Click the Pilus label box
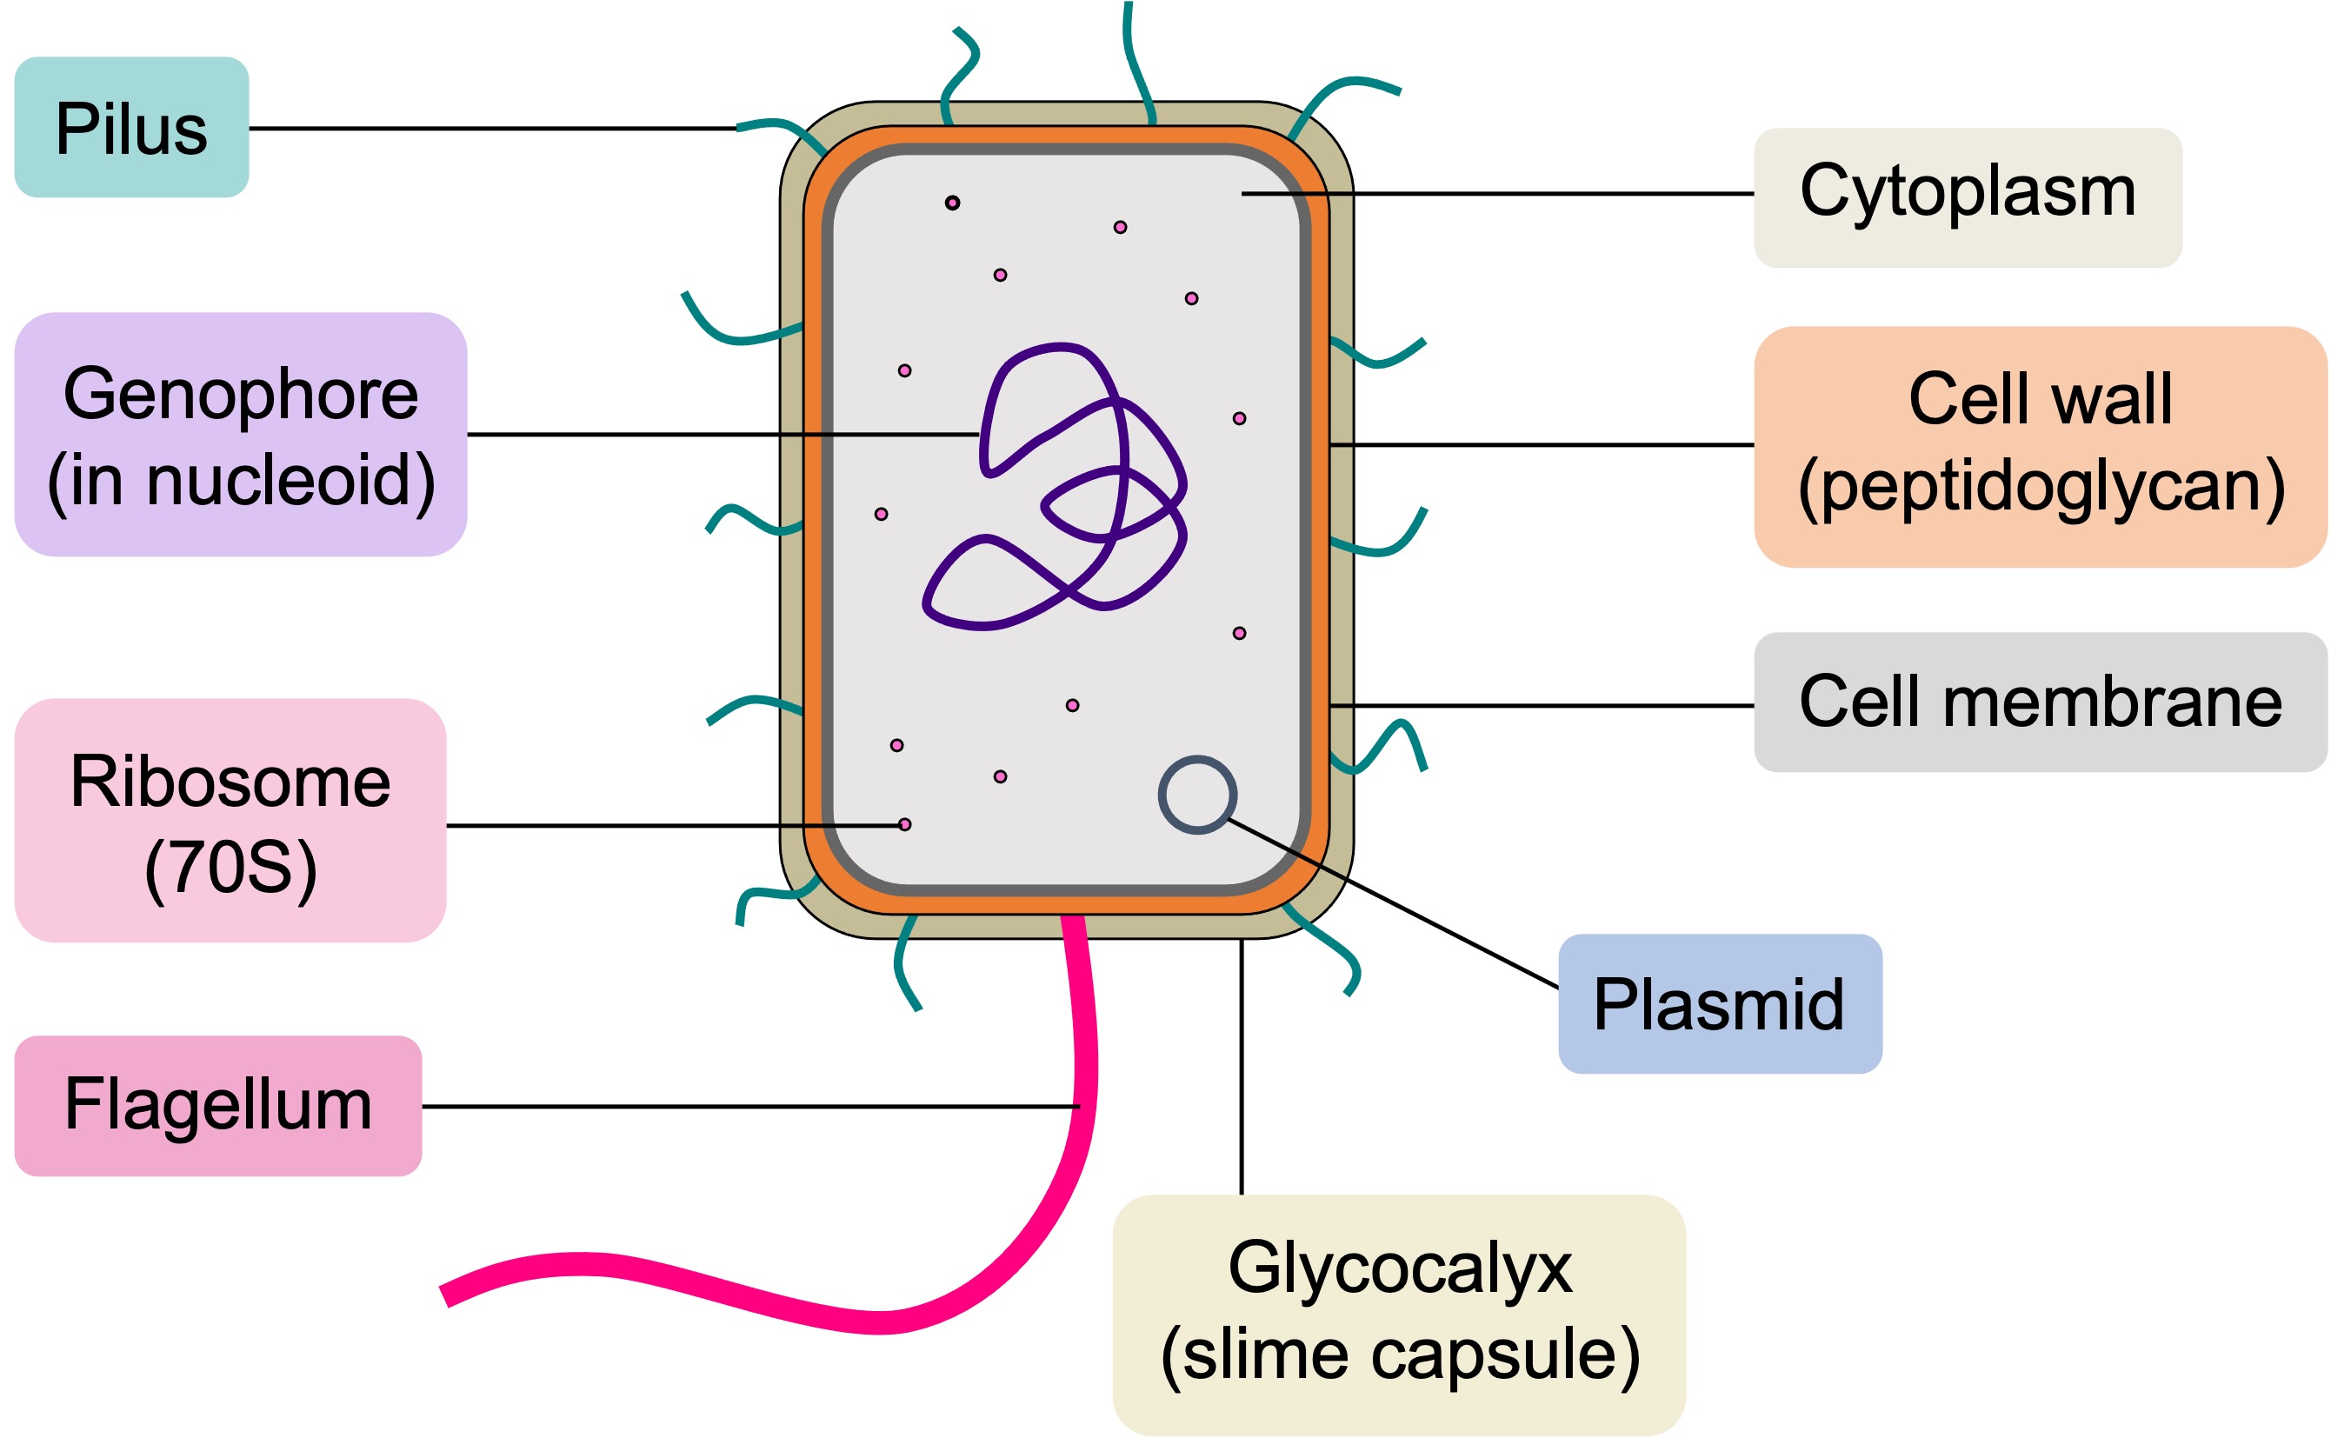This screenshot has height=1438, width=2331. tap(131, 128)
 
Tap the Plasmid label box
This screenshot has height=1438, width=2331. tap(1719, 1004)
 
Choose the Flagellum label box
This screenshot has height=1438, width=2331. tap(217, 1105)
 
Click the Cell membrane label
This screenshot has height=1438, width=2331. tap(2040, 702)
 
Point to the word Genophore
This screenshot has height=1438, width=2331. tap(241, 394)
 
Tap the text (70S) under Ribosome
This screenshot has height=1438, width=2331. tap(230, 868)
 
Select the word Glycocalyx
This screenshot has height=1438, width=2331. tap(1400, 1268)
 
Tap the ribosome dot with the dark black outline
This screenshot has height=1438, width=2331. tap(952, 203)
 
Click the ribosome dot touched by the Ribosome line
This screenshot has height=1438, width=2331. tap(904, 823)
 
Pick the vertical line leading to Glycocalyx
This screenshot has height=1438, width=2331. tap(1241, 1065)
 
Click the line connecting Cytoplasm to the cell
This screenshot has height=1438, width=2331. tap(1493, 193)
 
